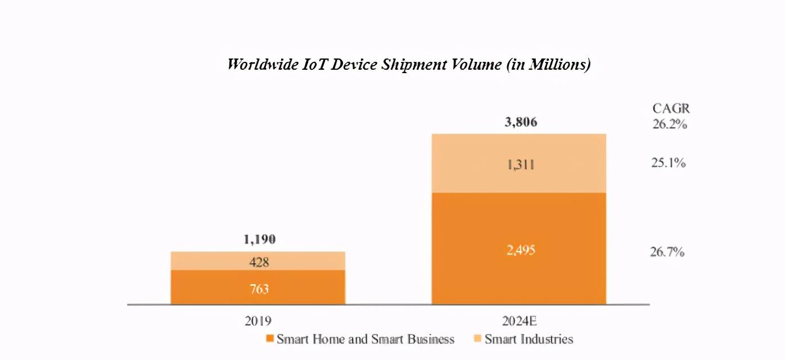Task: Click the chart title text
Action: point(409,65)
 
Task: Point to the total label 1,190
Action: point(259,239)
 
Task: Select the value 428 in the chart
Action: point(259,262)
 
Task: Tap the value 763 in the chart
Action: point(259,289)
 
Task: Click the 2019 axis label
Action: point(258,321)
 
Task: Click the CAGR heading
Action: point(671,109)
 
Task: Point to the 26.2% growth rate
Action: point(670,124)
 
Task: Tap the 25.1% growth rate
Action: point(668,164)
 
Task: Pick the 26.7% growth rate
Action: point(667,252)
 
